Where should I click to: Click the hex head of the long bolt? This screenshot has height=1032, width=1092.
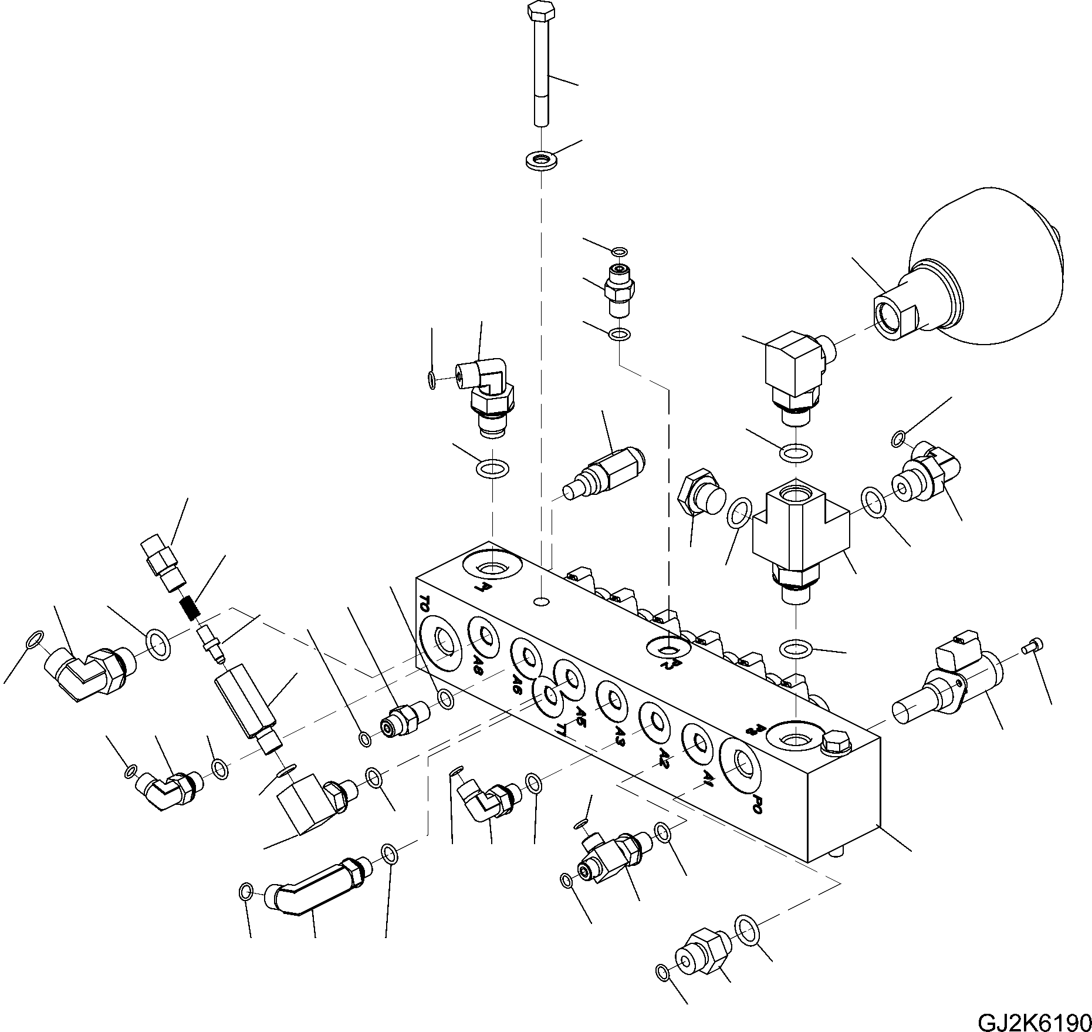pyautogui.click(x=541, y=11)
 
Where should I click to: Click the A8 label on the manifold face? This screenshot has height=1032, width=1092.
pyautogui.click(x=478, y=664)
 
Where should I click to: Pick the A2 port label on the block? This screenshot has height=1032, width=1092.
pyautogui.click(x=664, y=754)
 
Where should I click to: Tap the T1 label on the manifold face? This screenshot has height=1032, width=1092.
pyautogui.click(x=562, y=729)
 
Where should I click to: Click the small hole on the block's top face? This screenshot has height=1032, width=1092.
pyautogui.click(x=542, y=602)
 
